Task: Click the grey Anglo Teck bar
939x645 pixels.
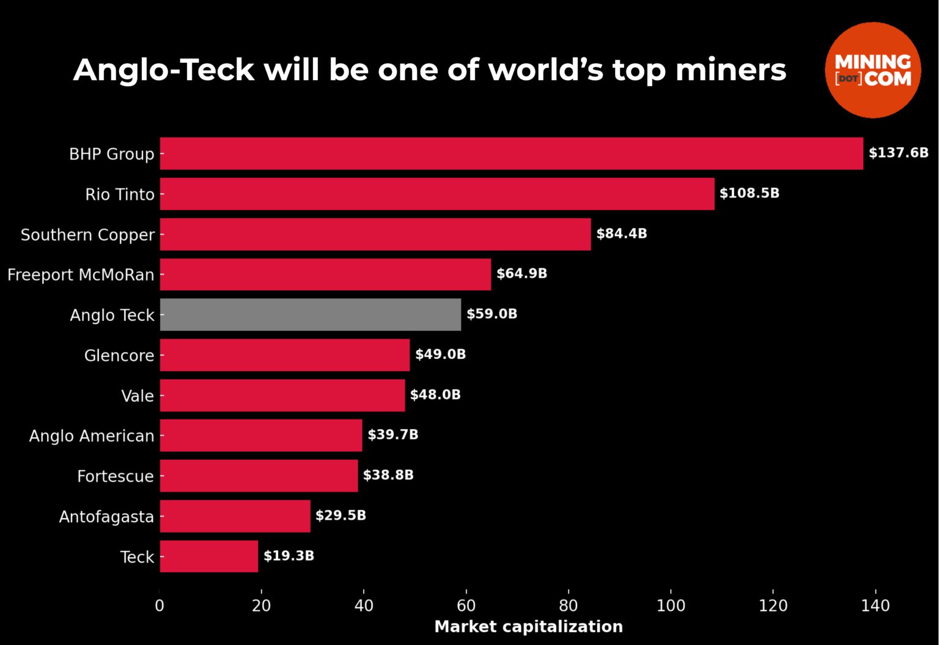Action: pos(310,315)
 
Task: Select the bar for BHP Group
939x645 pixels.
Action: pos(511,153)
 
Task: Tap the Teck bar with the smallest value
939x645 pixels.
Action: pos(208,556)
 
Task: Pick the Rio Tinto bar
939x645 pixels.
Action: pos(436,194)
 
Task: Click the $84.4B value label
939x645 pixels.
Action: pos(621,234)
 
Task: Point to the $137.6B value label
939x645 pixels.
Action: pos(898,153)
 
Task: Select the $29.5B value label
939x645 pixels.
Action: pos(341,515)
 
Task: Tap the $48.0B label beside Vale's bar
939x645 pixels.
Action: pos(435,395)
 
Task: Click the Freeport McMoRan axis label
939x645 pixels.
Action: pos(81,275)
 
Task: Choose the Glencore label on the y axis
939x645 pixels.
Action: pos(119,356)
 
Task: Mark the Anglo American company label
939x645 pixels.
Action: pos(92,436)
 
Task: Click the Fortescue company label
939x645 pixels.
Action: pos(115,476)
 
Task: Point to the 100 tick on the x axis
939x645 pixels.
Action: pos(671,606)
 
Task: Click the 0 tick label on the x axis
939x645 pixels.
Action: pos(160,606)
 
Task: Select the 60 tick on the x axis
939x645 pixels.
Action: pos(466,606)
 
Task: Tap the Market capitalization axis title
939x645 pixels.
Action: pos(528,627)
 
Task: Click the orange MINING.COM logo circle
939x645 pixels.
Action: pos(872,70)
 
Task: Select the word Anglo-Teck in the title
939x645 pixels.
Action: pos(164,70)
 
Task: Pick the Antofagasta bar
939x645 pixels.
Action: pos(235,516)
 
